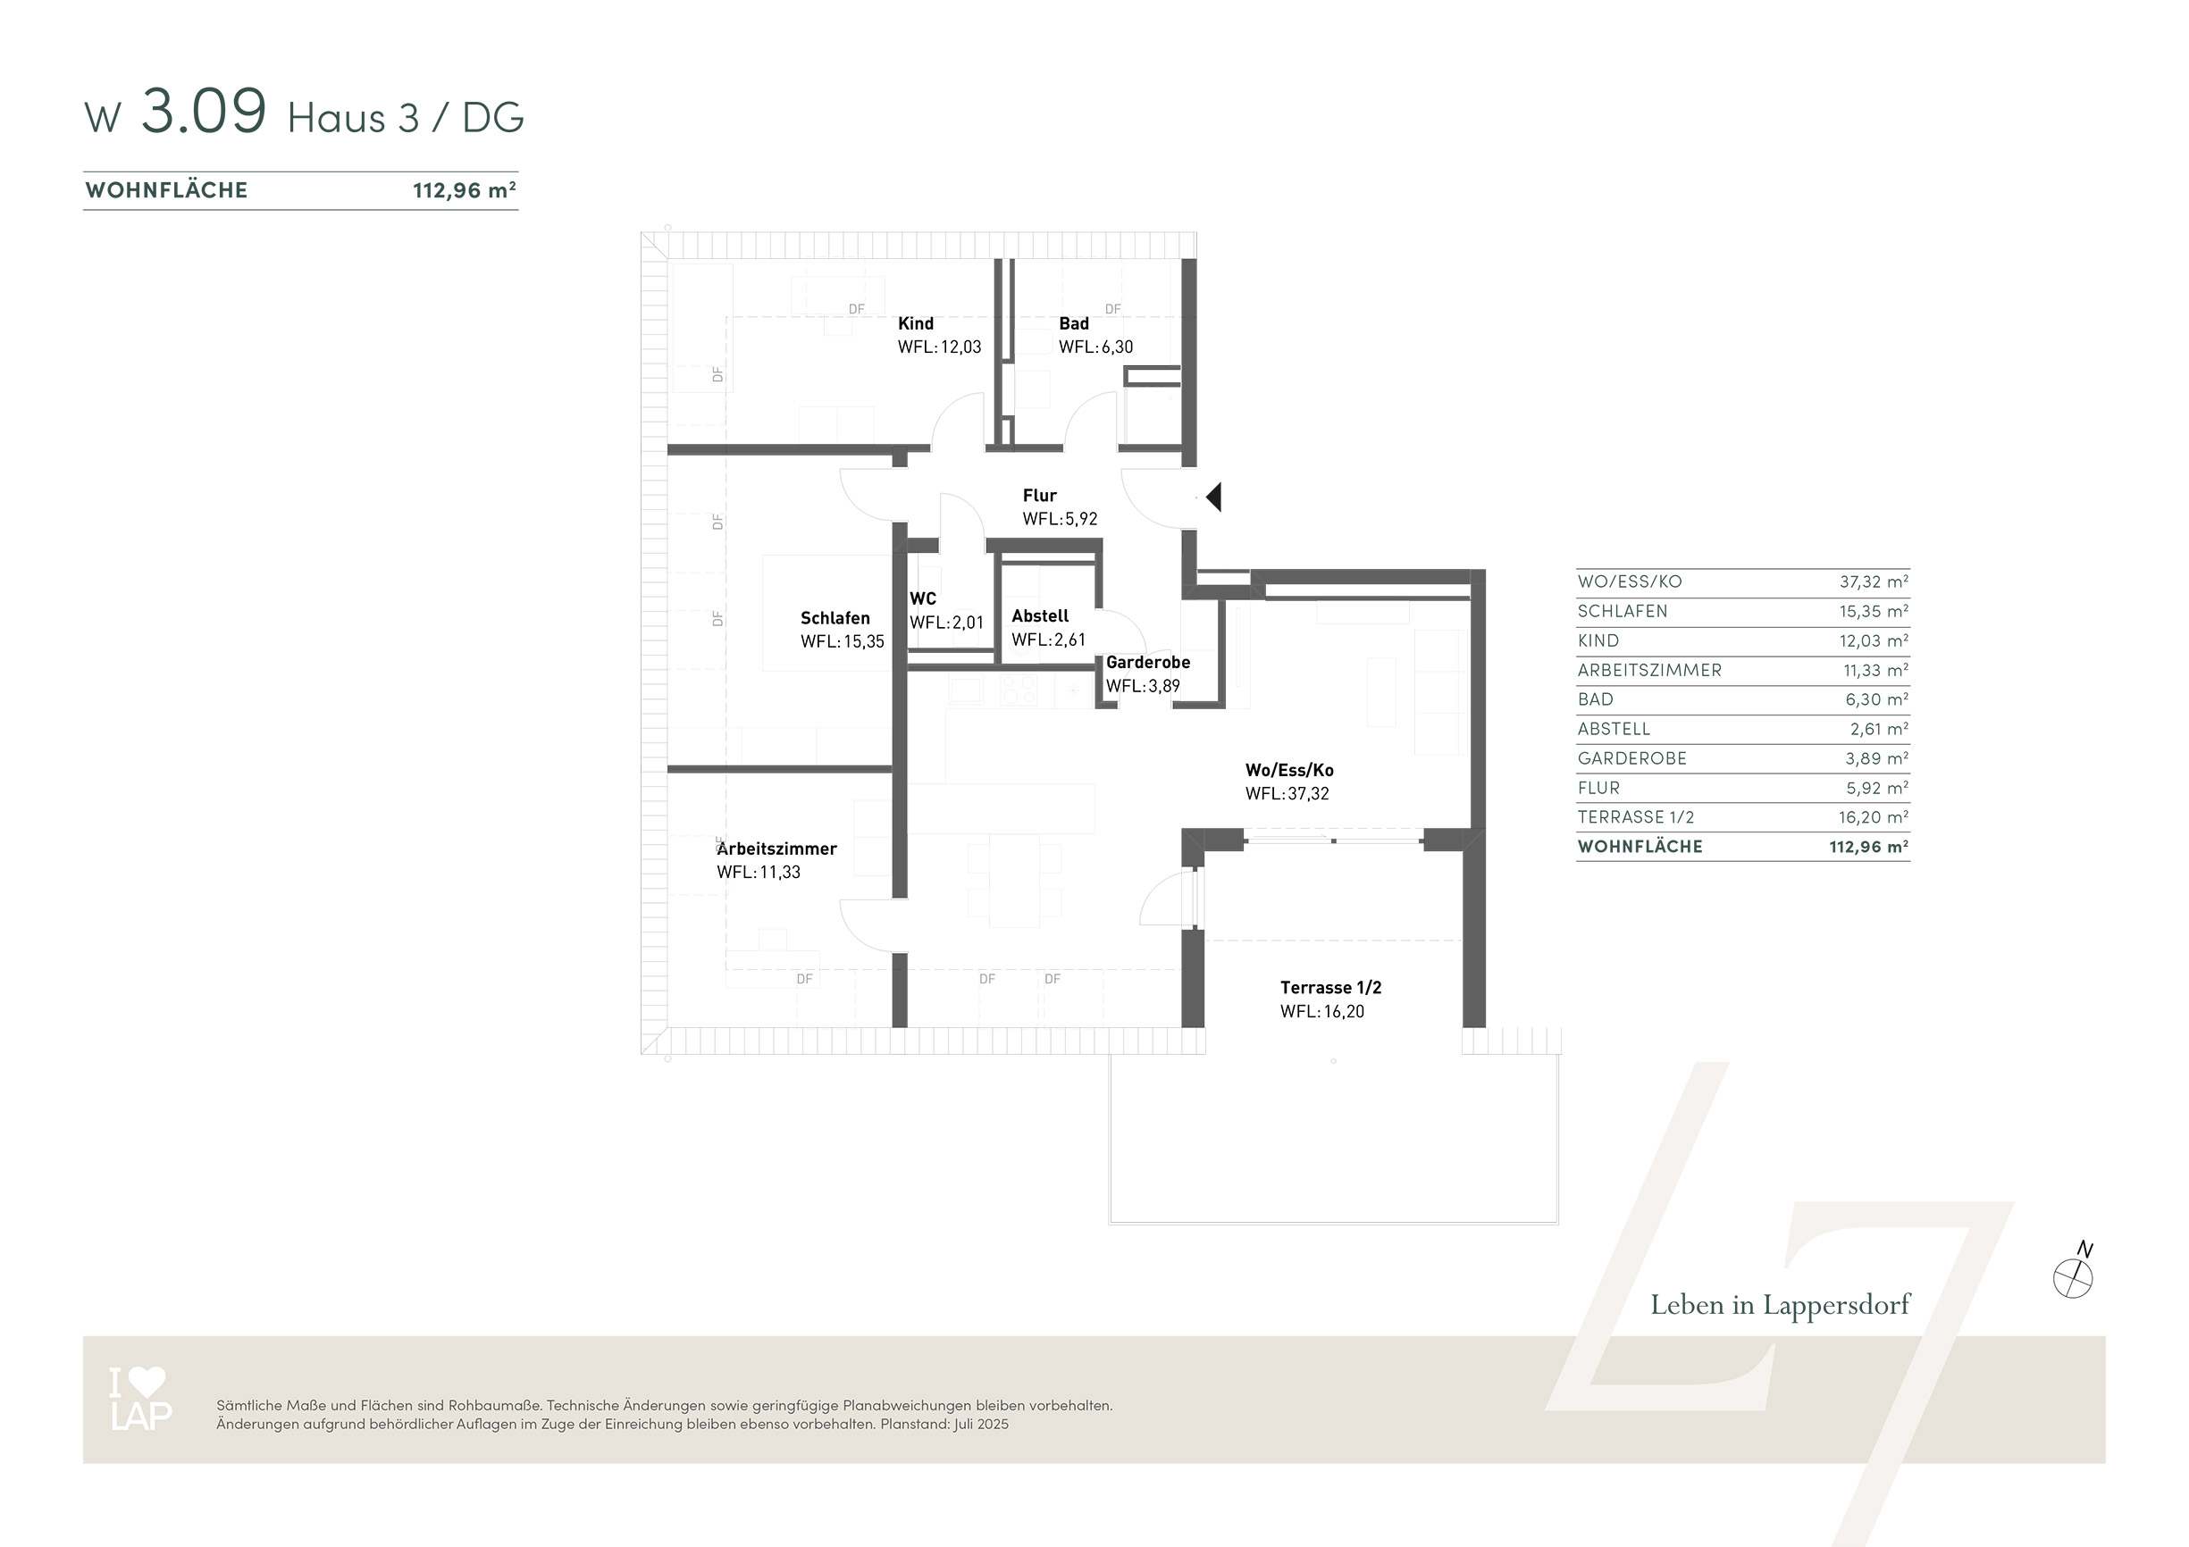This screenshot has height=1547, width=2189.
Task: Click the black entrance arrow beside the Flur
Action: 1213,497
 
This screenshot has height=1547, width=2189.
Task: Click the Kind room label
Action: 915,324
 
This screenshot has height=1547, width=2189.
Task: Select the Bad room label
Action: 1074,324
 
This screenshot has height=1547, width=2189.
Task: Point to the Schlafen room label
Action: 835,619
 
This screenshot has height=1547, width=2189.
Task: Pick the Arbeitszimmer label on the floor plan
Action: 777,849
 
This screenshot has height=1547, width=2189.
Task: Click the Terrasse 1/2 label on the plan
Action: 1331,989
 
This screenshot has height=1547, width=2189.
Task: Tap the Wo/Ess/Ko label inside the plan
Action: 1289,770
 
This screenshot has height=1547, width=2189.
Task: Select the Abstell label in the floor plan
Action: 1040,616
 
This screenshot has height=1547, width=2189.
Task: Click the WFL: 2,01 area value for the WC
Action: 947,623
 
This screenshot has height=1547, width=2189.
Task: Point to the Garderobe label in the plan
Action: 1148,663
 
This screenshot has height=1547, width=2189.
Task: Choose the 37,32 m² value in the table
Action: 1874,581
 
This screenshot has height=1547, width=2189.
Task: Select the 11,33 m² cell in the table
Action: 1875,670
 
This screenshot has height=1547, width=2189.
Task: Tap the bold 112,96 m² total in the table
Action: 1868,847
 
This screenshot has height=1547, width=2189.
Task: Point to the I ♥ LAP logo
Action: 140,1399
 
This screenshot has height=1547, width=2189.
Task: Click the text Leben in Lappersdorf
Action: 1780,1305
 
